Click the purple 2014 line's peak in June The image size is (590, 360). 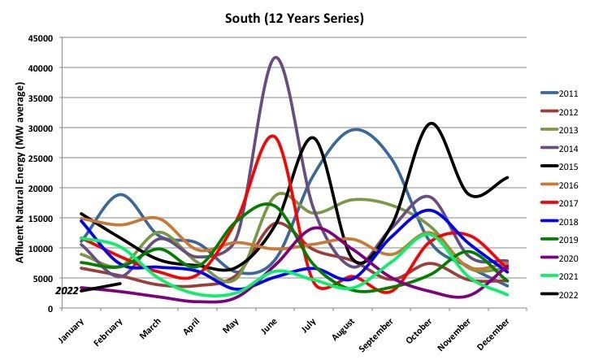click(276, 58)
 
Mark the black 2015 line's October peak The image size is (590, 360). click(431, 124)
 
